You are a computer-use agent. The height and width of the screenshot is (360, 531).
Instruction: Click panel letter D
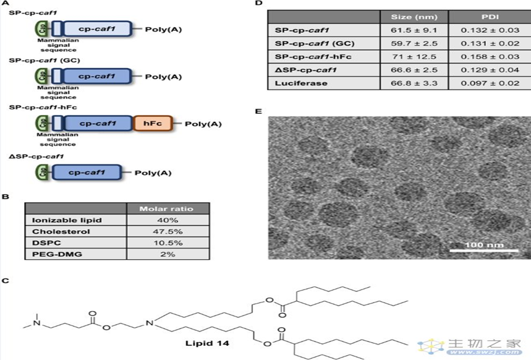[x=259, y=4]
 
